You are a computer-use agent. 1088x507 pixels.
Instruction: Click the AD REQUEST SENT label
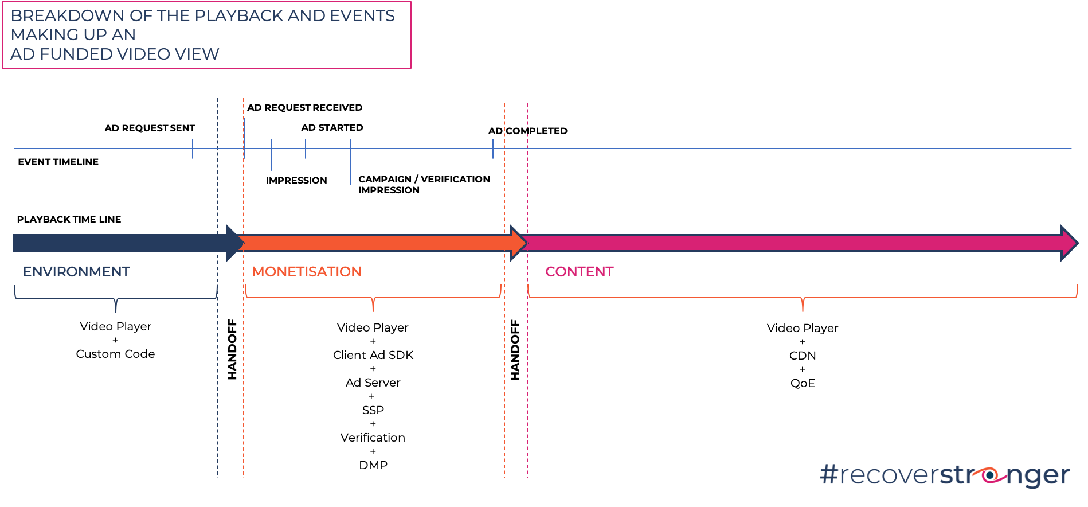tap(150, 128)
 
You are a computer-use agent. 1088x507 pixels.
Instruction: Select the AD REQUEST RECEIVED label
tap(304, 107)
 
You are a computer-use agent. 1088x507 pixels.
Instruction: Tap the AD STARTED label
tap(332, 127)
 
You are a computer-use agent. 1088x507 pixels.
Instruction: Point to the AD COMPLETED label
tap(527, 131)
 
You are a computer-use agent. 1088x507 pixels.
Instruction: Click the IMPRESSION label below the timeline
tap(296, 180)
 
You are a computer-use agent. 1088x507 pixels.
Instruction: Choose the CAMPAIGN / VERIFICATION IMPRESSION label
tap(424, 185)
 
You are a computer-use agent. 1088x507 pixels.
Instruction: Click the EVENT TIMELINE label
tap(58, 162)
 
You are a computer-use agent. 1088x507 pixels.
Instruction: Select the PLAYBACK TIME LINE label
tap(69, 219)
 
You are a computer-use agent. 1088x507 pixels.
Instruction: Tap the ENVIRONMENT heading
tap(76, 272)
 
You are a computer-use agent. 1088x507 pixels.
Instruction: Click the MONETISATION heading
tap(307, 272)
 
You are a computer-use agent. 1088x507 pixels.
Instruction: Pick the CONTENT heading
tap(579, 272)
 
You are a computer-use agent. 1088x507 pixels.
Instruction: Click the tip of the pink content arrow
tap(1078, 243)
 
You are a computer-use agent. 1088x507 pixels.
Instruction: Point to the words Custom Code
tap(115, 354)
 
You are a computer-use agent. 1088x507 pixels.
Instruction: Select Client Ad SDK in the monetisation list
tap(373, 355)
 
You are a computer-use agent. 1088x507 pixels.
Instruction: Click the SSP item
tap(373, 410)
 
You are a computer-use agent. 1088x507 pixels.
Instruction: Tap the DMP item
tap(373, 465)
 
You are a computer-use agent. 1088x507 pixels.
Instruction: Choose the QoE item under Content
tap(803, 383)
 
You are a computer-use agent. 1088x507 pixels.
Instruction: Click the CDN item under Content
tap(803, 356)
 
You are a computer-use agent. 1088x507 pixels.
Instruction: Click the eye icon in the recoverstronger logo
tap(990, 475)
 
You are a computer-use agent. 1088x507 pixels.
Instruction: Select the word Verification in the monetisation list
tap(373, 438)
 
